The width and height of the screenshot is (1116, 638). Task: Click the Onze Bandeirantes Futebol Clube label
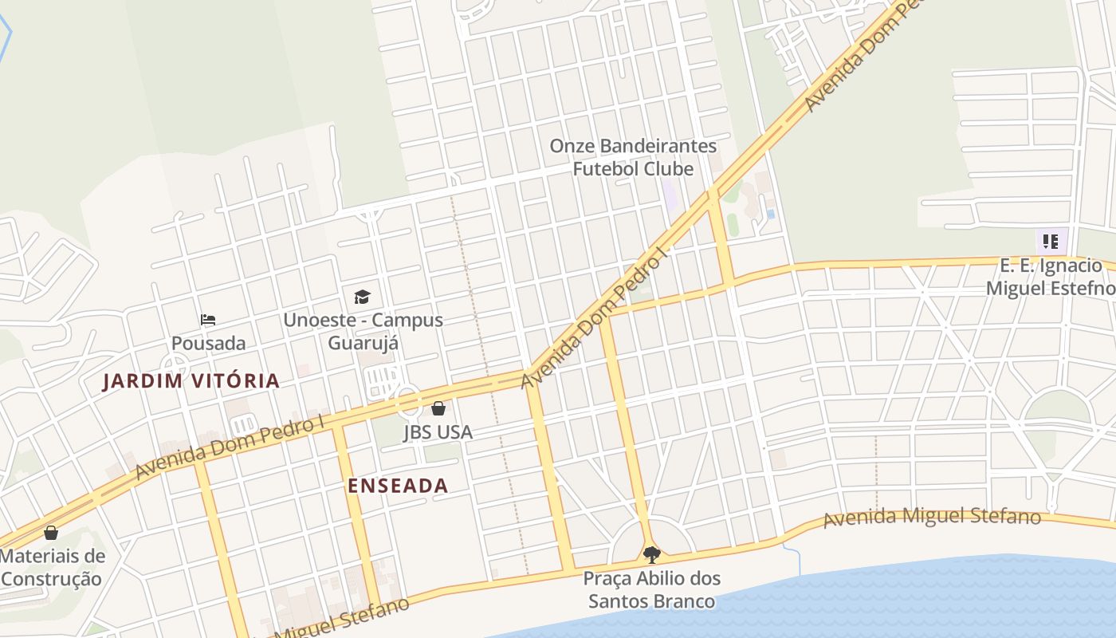pos(634,158)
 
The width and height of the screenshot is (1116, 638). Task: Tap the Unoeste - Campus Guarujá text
pos(363,332)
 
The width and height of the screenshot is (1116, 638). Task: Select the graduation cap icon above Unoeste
pos(363,297)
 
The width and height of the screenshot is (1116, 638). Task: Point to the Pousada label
pos(208,344)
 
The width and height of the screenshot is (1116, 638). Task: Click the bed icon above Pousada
pos(208,320)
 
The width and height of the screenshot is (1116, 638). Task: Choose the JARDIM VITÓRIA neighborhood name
pos(191,381)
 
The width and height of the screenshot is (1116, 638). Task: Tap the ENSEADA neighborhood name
pos(398,486)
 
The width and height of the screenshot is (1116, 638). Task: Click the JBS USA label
pos(438,432)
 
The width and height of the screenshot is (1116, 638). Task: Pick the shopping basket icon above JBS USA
pos(438,409)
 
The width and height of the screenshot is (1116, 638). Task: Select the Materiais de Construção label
pos(52,568)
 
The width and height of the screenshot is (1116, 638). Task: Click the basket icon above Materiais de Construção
pos(51,533)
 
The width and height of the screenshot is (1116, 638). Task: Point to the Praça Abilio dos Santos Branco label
pos(651,589)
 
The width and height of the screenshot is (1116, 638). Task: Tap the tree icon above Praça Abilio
pos(651,554)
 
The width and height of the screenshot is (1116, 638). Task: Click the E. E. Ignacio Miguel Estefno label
pos(1051,277)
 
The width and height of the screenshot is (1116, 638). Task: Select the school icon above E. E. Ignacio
pos(1051,242)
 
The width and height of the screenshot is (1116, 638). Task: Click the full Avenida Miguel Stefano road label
pos(932,518)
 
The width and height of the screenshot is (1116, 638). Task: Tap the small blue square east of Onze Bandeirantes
pos(770,215)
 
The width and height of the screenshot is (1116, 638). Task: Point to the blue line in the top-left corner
pos(7,32)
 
